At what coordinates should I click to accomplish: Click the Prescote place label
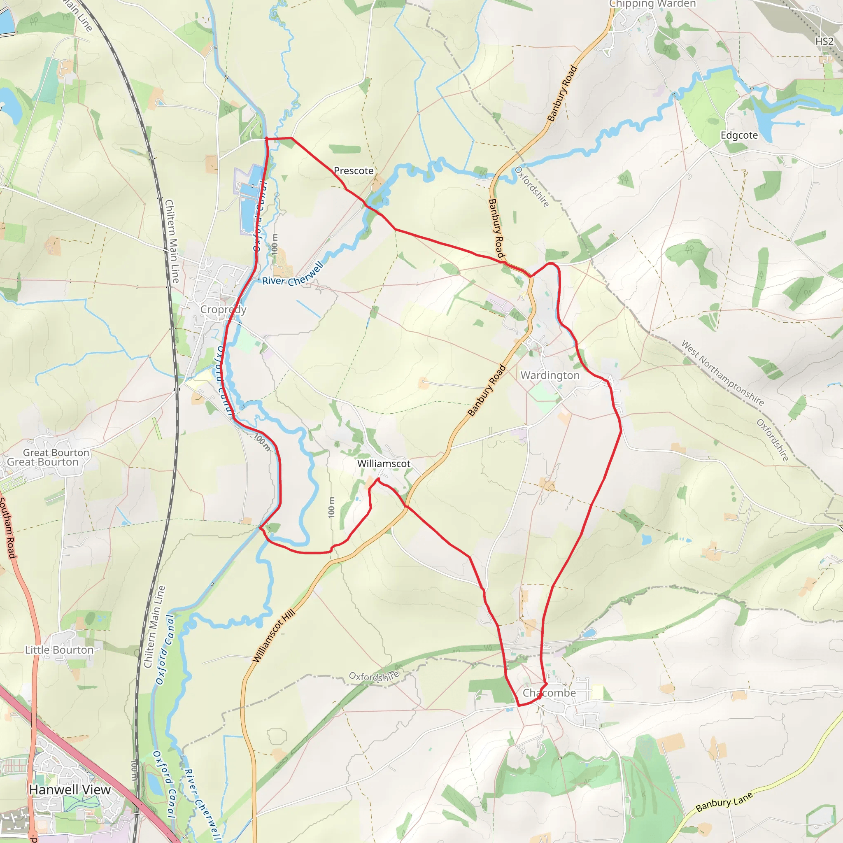[x=354, y=170]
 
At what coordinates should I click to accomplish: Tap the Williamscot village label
[x=384, y=463]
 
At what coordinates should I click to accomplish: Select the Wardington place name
[x=550, y=375]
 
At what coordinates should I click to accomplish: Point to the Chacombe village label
[x=549, y=693]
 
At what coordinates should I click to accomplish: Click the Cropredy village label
[x=223, y=310]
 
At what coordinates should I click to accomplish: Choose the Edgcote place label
[x=739, y=135]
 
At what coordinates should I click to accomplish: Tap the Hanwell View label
[x=70, y=790]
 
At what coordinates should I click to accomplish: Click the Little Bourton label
[x=59, y=650]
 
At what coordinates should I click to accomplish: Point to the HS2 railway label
[x=824, y=42]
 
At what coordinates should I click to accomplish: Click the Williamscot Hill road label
[x=274, y=636]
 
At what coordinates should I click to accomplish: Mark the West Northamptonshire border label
[x=722, y=373]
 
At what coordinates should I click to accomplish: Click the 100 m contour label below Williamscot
[x=332, y=508]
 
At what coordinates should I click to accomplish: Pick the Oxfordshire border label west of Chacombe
[x=374, y=676]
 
